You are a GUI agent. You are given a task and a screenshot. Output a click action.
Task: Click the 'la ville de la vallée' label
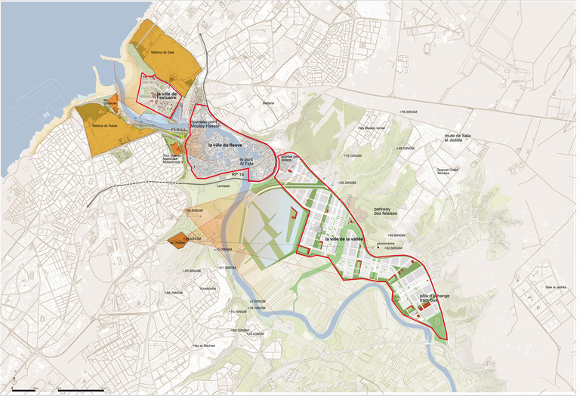(344, 238)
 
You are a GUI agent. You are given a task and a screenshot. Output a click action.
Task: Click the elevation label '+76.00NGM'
(408, 112)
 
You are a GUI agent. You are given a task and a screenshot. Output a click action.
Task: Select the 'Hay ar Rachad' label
(204, 345)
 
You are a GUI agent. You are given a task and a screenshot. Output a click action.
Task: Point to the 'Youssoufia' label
(207, 288)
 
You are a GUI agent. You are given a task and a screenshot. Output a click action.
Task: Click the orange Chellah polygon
(179, 241)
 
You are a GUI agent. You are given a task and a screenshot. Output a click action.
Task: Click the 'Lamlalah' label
(222, 186)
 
